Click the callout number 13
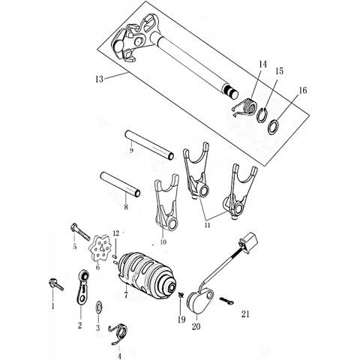[x=99, y=79]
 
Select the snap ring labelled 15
[x=262, y=115]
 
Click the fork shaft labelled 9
[x=149, y=145]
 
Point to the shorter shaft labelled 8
[x=120, y=184]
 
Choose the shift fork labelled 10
[x=166, y=202]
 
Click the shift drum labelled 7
[x=148, y=274]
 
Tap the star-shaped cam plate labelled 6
[x=100, y=248]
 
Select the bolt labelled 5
[x=80, y=232]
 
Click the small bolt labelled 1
[x=56, y=285]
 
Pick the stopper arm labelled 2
[x=82, y=287]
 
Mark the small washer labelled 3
[x=99, y=307]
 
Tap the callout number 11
[x=207, y=225]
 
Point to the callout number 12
[x=116, y=233]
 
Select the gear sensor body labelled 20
[x=199, y=301]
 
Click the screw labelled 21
[x=226, y=301]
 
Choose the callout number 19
[x=181, y=319]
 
